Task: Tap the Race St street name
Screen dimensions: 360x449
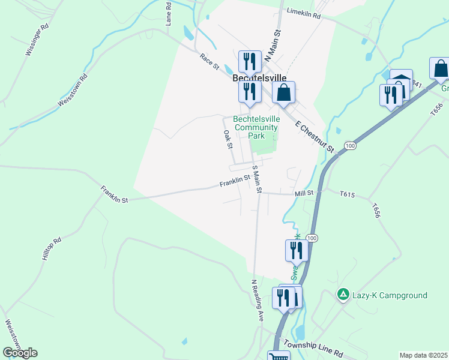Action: [x=209, y=61]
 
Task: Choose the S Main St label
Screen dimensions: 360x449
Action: [x=257, y=179]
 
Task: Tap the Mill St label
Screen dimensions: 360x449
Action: [x=304, y=193]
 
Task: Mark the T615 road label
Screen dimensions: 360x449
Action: [x=348, y=194]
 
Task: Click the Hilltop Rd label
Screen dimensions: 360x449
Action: [x=52, y=248]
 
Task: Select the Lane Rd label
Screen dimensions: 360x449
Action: [x=169, y=14]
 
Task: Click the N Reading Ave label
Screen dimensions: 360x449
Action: [x=258, y=301]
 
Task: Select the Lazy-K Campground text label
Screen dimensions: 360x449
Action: [x=390, y=295]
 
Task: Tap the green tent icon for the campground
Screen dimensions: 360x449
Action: [x=343, y=295]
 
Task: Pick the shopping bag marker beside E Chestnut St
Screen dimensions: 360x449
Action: [x=284, y=92]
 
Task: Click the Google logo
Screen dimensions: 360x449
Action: [x=20, y=352]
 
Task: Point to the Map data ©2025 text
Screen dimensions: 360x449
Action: [x=423, y=355]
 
